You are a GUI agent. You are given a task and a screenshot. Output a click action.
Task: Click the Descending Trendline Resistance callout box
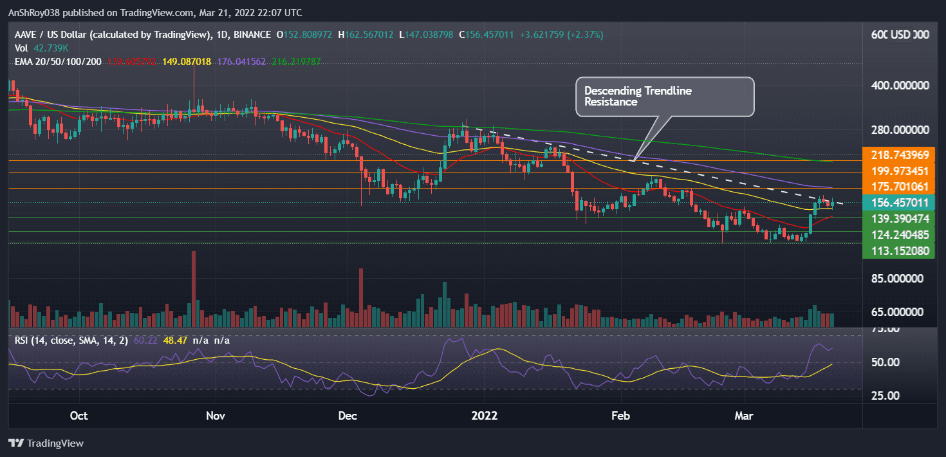pos(664,97)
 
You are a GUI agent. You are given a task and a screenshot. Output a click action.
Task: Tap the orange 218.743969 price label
pos(899,155)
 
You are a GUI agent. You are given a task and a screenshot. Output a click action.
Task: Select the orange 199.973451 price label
pos(899,171)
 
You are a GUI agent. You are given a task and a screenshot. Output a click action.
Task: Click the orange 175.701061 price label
pos(899,187)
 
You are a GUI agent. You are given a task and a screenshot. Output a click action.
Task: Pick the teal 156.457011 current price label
pos(899,203)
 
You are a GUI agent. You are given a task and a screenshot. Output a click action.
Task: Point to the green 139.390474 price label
pos(899,219)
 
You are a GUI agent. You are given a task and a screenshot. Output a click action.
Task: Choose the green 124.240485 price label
pos(899,236)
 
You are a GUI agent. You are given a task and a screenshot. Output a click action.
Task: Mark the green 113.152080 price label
pos(899,251)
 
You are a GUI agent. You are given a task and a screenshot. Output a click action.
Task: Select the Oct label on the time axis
pos(79,416)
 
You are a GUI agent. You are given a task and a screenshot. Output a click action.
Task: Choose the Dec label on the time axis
pos(348,416)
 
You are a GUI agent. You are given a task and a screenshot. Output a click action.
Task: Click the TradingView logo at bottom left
pos(46,443)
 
